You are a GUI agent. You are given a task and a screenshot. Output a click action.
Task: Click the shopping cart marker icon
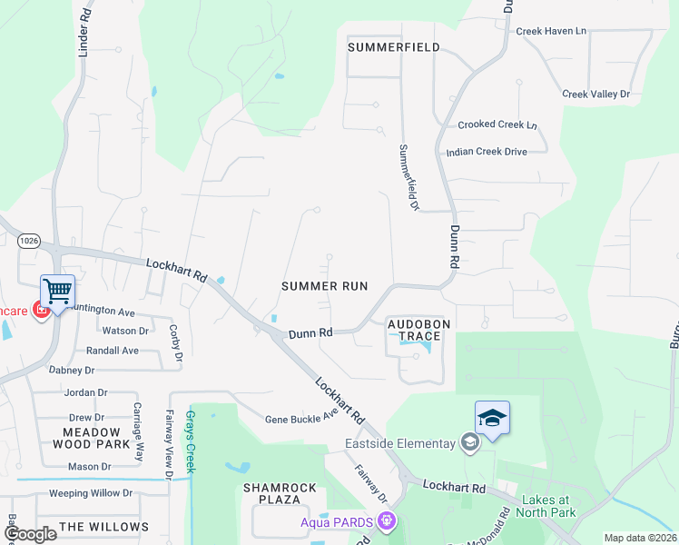57,292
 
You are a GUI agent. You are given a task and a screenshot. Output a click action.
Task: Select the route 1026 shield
29,240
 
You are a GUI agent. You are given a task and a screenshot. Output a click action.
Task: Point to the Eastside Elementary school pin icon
469,442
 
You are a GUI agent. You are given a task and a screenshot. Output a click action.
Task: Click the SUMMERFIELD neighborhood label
394,47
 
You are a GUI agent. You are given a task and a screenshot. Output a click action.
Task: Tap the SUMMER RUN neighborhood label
324,285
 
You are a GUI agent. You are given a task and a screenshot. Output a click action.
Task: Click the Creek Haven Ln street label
551,31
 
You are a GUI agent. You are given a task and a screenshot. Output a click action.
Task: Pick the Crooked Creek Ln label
497,125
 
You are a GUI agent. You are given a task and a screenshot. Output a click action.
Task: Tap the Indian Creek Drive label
487,152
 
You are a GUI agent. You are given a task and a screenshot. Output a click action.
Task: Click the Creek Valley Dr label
595,94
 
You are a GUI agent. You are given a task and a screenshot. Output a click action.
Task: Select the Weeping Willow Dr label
91,493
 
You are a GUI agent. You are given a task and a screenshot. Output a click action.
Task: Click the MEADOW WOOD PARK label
91,438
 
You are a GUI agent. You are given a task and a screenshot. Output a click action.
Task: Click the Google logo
29,533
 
